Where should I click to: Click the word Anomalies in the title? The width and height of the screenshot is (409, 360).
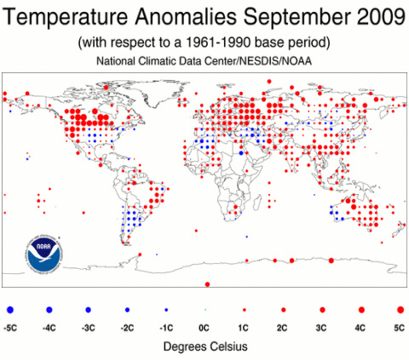pos(186,17)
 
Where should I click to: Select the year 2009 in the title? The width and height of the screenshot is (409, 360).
pos(381,17)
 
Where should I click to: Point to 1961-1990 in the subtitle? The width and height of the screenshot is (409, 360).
pos(218,43)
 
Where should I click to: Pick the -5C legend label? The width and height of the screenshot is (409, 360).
pos(10,329)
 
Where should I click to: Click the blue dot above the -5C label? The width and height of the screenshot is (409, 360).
pos(10,310)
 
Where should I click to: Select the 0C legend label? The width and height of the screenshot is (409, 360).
pos(204,329)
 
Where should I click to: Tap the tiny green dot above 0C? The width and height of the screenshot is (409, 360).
pos(205,310)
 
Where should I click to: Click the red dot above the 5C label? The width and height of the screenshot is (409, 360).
pos(400,310)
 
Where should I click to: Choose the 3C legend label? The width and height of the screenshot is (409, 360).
pos(321,329)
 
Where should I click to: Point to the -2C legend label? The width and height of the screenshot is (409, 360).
pos(127,329)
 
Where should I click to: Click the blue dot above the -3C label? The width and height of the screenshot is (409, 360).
pos(88,310)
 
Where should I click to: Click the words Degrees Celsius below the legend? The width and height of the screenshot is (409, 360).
pos(205,346)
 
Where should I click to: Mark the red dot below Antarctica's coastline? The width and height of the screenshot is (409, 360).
pos(207,284)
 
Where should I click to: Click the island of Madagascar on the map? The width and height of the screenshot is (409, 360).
pos(257,203)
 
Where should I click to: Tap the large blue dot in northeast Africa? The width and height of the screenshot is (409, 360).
pos(241,153)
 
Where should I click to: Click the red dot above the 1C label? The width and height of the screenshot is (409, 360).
pos(245,310)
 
